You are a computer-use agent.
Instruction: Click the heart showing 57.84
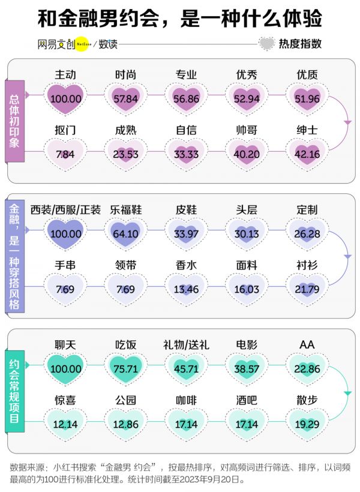[x=126, y=98]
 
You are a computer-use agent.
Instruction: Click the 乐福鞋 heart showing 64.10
[x=126, y=233]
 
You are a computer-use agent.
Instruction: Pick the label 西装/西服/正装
[x=65, y=210]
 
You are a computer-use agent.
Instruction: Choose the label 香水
[x=186, y=266]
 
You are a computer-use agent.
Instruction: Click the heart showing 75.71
[x=126, y=368]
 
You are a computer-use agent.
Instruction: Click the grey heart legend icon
[x=267, y=44]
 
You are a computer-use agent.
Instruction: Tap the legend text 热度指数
[x=300, y=44]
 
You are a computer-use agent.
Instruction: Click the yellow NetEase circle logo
[x=82, y=44]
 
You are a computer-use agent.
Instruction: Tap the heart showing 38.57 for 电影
[x=247, y=368]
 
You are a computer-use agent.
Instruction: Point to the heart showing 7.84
[x=65, y=153]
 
